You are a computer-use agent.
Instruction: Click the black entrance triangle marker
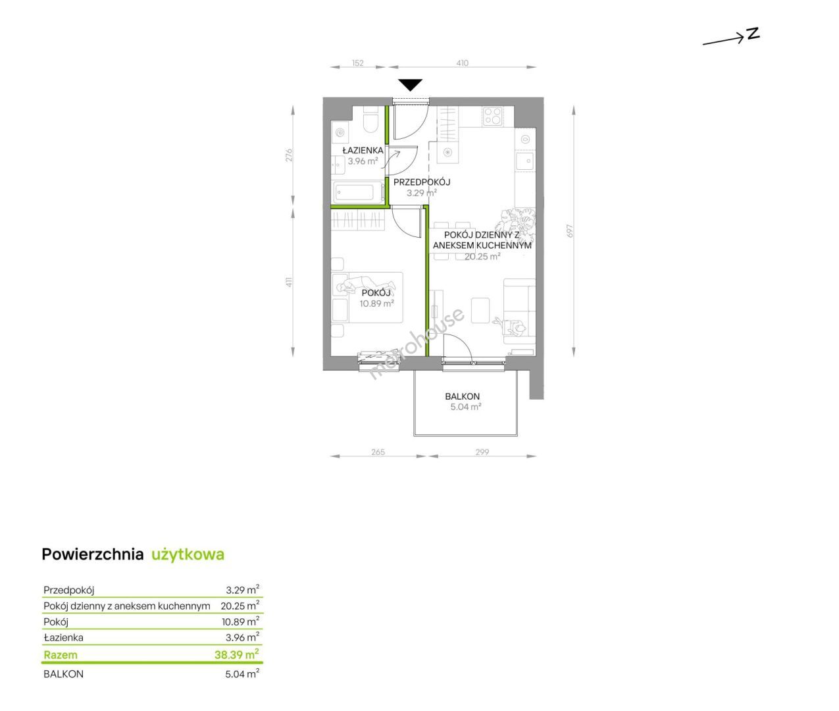411,84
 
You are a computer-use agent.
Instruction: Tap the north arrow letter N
753,34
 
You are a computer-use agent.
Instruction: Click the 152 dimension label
357,63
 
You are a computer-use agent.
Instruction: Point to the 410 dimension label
463,63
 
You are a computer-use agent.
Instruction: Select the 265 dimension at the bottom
378,452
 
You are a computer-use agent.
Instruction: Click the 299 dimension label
482,452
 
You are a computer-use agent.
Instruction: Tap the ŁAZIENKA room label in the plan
363,151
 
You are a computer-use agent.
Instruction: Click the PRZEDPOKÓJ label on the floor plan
422,182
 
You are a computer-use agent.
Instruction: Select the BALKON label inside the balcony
463,396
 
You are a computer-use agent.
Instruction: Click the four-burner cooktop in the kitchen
492,115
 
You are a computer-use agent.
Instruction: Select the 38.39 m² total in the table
237,654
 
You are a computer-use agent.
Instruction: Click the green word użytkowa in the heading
188,555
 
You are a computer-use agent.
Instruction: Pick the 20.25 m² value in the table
240,606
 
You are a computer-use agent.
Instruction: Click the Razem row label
61,654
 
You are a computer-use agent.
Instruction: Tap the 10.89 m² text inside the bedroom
376,303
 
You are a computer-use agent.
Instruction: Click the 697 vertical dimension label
570,231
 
